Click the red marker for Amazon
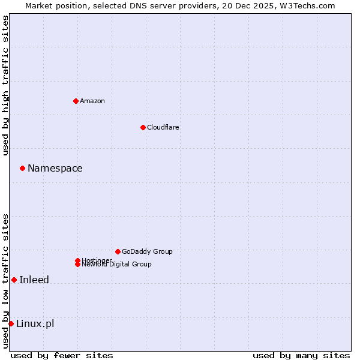click(76, 101)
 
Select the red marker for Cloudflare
click(143, 127)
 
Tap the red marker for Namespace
click(22, 168)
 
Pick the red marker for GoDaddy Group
click(118, 251)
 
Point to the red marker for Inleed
click(14, 280)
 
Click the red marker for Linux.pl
click(11, 324)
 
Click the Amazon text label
click(92, 101)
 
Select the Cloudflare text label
click(163, 127)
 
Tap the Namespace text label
click(55, 169)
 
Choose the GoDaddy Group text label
click(147, 251)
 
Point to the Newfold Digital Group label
click(117, 265)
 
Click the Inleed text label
click(34, 280)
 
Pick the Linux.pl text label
click(35, 324)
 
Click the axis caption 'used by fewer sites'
click(62, 355)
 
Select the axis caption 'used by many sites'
click(301, 355)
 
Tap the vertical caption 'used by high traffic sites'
click(6, 85)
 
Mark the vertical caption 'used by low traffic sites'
click(6, 281)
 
